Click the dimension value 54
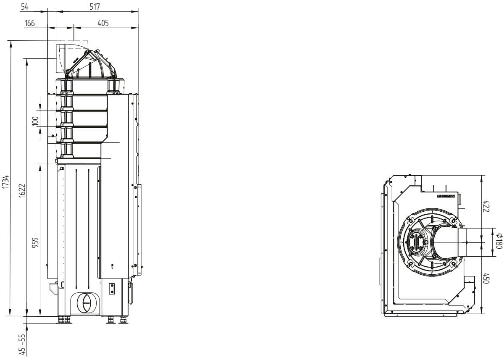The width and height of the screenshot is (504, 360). (24, 7)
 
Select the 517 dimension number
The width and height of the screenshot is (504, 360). (94, 7)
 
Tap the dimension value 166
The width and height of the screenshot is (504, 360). (30, 23)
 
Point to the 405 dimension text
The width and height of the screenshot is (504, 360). (103, 23)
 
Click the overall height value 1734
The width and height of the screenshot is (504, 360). (5, 181)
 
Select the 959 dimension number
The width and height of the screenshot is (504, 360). (35, 243)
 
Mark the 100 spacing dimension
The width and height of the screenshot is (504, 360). (35, 121)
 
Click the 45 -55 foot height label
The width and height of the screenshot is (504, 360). (22, 345)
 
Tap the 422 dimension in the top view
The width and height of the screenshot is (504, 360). (486, 206)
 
